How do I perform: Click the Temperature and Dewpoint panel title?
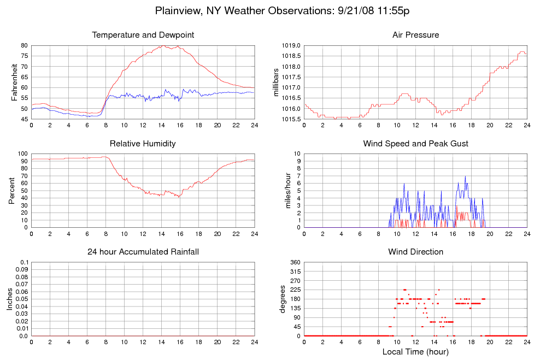coord(143,35)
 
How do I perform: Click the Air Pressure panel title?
coord(415,35)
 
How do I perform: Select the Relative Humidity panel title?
coord(143,144)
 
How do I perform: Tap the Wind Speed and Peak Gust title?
coord(415,144)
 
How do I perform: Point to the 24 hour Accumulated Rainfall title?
coord(143,252)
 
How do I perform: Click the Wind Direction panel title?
coord(415,252)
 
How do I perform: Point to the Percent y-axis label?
coord(11,190)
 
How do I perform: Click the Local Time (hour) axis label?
coord(415,352)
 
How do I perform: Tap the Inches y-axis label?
coord(10,299)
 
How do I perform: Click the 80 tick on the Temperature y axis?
coord(24,45)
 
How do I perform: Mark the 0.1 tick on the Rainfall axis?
coord(24,263)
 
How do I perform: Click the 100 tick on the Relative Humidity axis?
coord(22,154)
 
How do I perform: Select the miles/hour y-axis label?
coord(284,191)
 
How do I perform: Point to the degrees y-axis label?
coord(283,299)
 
